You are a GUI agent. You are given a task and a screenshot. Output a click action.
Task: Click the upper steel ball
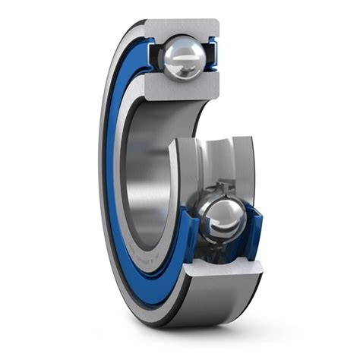click(185, 56)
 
